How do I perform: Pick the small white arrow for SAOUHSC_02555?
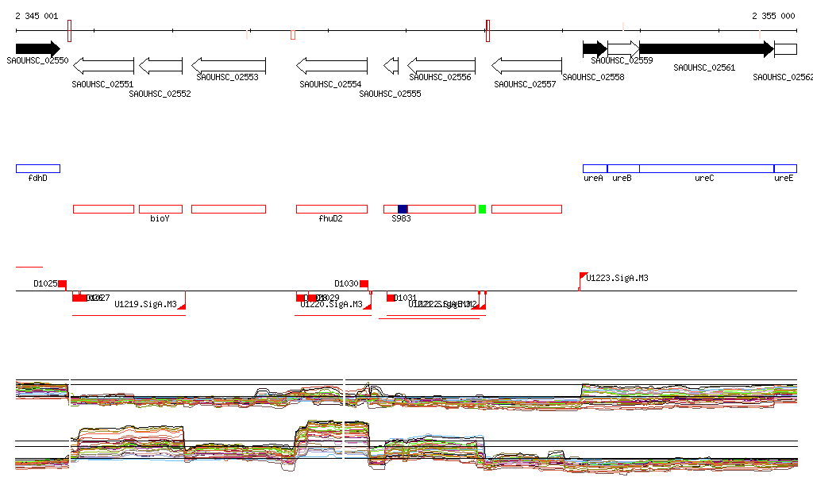(x=391, y=65)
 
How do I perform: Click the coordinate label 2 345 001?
(x=37, y=16)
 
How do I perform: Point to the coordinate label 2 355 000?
(x=773, y=16)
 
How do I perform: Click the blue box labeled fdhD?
(x=37, y=168)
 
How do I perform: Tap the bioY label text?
(x=160, y=218)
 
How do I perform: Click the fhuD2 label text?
(x=331, y=218)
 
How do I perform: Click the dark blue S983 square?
(x=403, y=209)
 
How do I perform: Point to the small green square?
(x=482, y=209)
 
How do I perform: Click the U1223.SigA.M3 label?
(x=617, y=279)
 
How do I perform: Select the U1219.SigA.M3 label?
(x=145, y=304)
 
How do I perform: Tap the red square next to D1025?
(x=62, y=283)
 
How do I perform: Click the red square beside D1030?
(x=364, y=283)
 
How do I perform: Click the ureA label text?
(x=593, y=179)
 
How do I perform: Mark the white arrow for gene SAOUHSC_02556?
(x=441, y=65)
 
